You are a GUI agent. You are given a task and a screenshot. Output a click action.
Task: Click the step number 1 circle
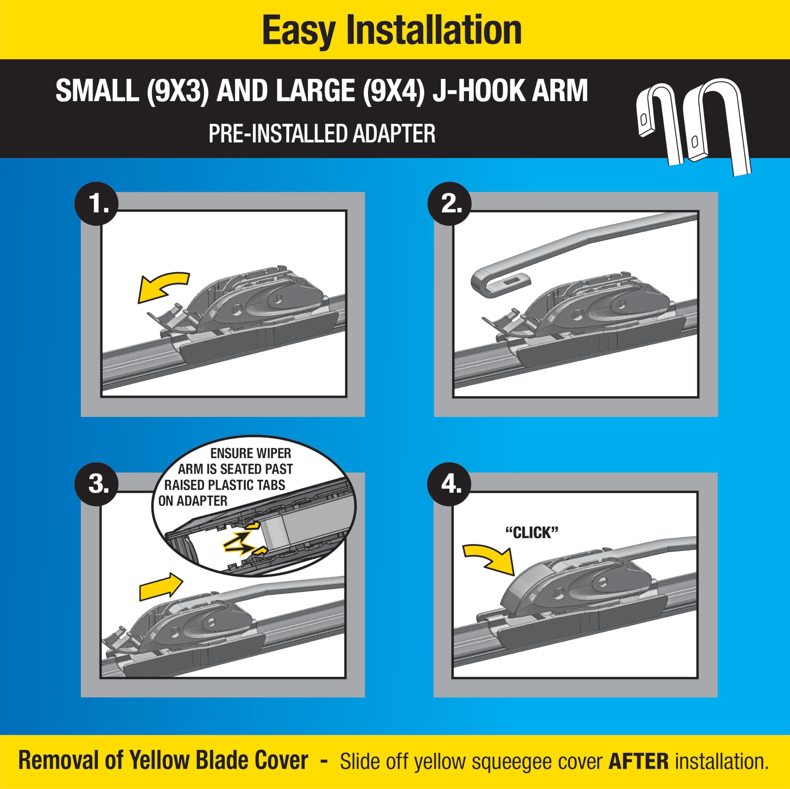(x=97, y=203)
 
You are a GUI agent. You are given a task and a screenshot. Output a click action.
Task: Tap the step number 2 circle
(x=449, y=203)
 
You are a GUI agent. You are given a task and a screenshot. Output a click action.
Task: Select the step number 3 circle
(x=97, y=484)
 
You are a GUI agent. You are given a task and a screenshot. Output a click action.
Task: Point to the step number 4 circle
(x=449, y=484)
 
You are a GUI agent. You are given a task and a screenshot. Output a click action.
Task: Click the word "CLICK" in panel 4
(x=532, y=533)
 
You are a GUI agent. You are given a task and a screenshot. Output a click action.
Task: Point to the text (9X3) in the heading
(x=178, y=91)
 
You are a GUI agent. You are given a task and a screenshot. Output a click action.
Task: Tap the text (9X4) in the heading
(x=394, y=91)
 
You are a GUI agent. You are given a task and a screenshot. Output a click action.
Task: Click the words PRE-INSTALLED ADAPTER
(x=322, y=134)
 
